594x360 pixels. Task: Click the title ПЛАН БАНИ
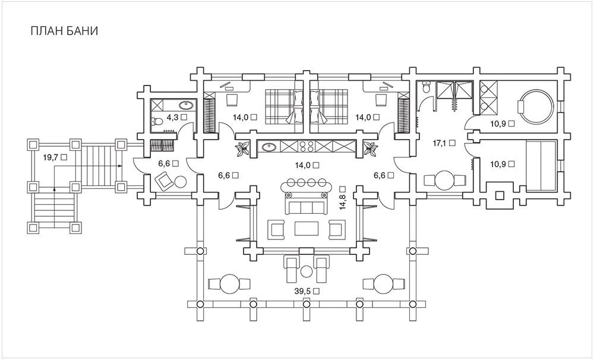[64, 31]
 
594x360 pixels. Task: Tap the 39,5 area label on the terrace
[302, 292]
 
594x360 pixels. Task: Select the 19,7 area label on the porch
[50, 157]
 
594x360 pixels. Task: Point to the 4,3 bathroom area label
[172, 117]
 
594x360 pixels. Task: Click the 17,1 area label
[440, 143]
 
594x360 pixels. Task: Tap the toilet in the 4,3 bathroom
[157, 121]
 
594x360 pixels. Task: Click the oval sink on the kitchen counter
[268, 146]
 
